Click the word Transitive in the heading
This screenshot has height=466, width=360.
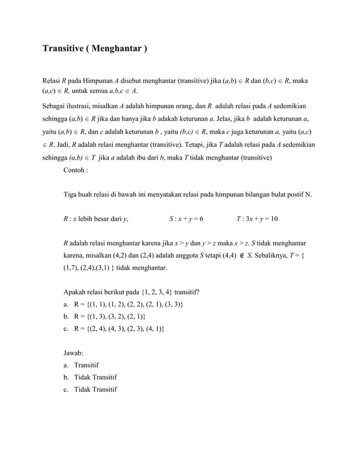click(x=64, y=49)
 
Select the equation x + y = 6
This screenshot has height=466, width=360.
click(x=191, y=219)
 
